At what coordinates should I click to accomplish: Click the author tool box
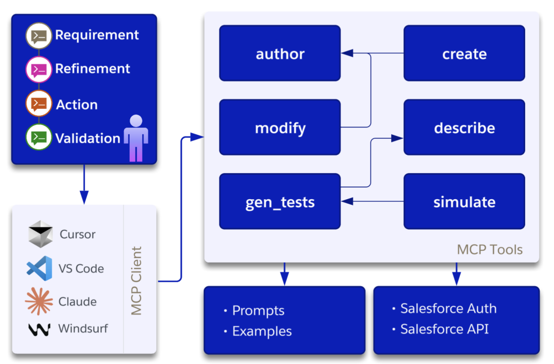pos(280,53)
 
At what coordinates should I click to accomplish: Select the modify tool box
pos(280,128)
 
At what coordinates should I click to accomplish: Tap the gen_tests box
pos(280,201)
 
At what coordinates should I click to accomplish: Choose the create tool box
pos(464,53)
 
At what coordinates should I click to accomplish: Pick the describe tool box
pos(464,128)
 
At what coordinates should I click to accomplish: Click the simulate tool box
pos(464,201)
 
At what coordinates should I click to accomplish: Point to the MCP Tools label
pos(489,249)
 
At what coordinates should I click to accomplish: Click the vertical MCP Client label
pos(137,281)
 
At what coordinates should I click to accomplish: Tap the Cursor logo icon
pos(40,234)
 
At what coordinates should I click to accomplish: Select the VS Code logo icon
pos(40,268)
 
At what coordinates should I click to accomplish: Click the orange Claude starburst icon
pos(39,301)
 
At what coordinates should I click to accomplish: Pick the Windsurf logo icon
pos(39,329)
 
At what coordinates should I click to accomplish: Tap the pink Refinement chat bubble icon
pos(39,69)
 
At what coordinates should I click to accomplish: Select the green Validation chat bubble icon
pos(39,137)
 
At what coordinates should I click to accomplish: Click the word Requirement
pos(97,35)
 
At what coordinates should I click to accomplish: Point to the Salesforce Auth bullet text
pos(448,309)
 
